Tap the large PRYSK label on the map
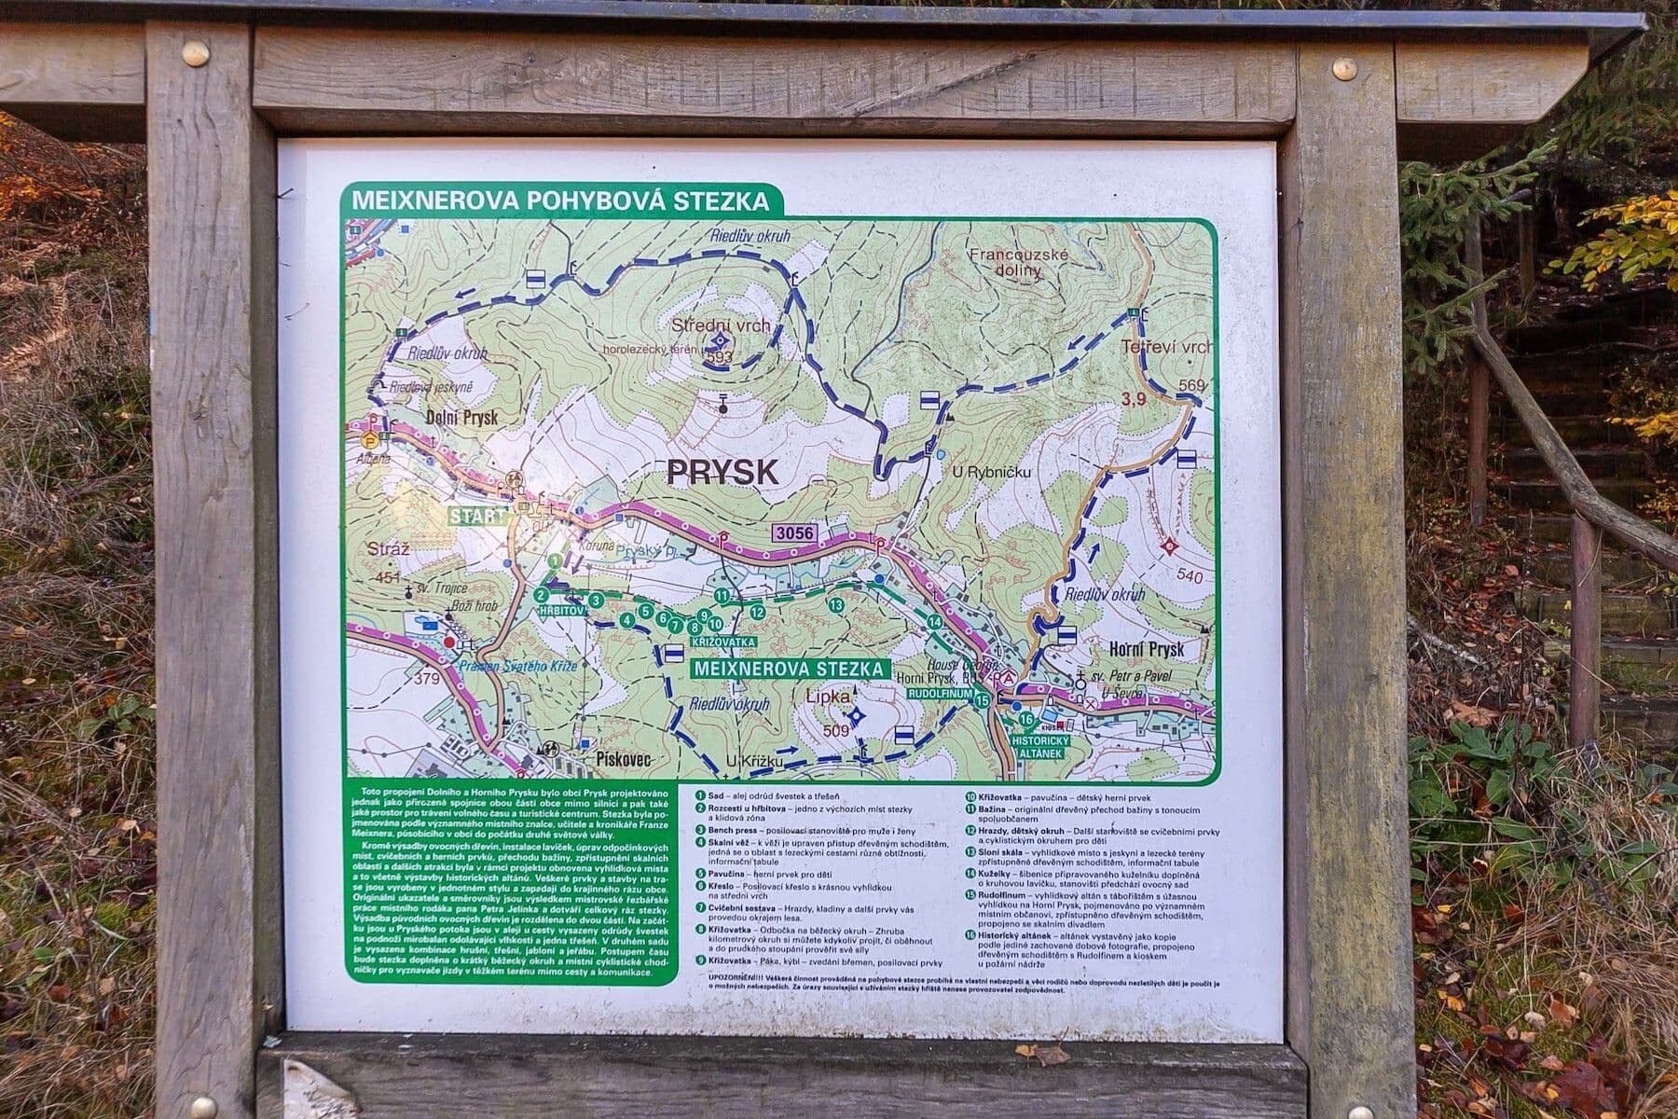coord(722,472)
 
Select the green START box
coord(478,516)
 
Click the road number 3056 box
coord(793,533)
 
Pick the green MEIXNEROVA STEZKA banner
coord(789,669)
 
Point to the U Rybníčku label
coord(991,473)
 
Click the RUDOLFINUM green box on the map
coord(940,695)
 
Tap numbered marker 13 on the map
coord(835,605)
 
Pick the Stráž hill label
coord(389,549)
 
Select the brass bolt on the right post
coord(1344,67)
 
